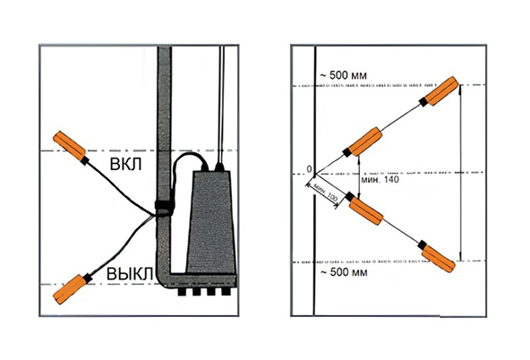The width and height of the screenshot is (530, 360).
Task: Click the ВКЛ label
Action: [125, 164]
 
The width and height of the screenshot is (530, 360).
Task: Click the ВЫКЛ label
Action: [130, 274]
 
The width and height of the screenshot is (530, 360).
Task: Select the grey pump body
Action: [211, 222]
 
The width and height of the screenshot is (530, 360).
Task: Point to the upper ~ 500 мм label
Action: [343, 75]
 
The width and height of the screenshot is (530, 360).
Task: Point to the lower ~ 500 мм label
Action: [344, 271]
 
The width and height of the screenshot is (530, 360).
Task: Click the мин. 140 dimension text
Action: [380, 179]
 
